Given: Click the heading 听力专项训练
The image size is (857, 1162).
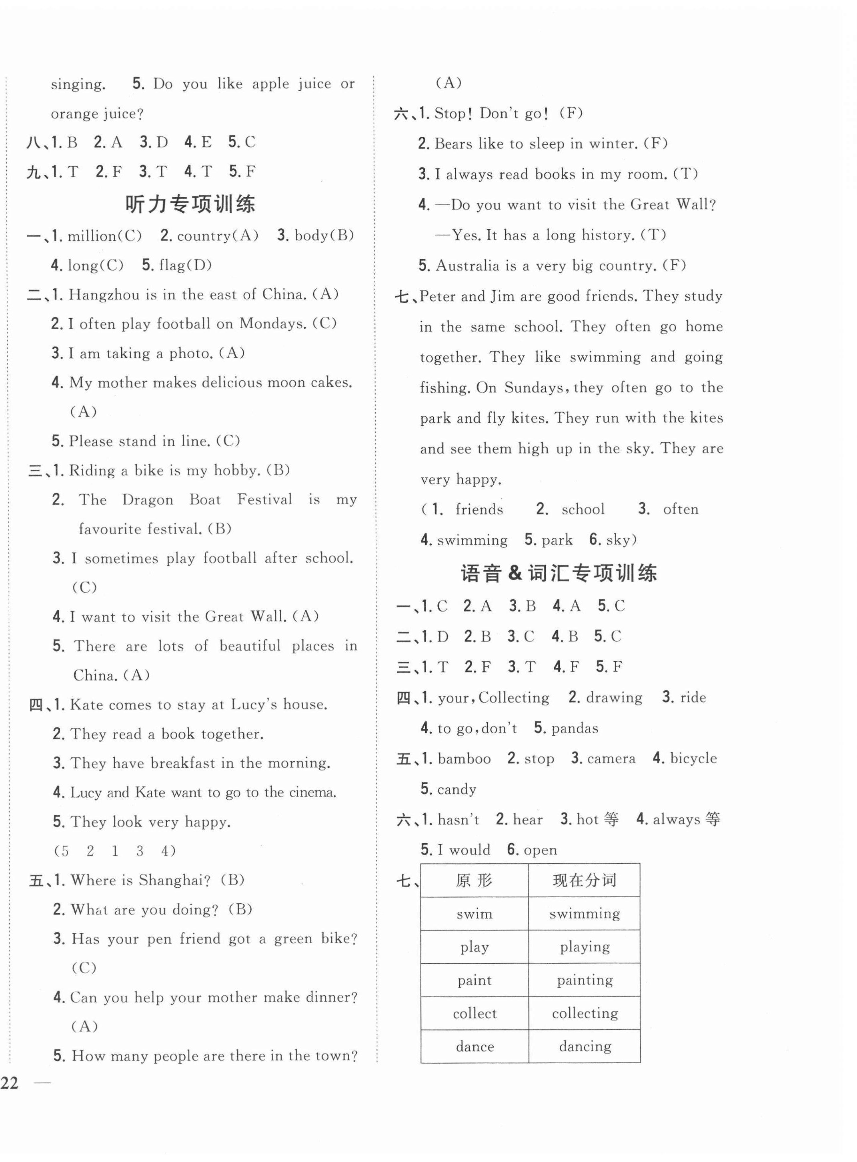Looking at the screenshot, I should [190, 204].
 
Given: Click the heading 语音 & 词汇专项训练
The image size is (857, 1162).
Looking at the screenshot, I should [559, 573].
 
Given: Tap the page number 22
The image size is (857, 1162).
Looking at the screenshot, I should [9, 1083].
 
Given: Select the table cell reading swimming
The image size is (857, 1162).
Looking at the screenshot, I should [584, 914].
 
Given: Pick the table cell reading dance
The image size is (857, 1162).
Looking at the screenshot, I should [475, 1046].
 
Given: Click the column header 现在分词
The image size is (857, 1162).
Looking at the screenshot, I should [584, 880].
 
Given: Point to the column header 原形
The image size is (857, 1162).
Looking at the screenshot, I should [474, 880].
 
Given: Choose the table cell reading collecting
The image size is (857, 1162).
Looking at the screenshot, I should [585, 1013].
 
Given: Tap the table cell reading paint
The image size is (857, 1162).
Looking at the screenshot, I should [474, 980].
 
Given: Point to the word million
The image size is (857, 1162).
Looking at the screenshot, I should [91, 236].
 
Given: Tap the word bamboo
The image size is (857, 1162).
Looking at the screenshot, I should [464, 759].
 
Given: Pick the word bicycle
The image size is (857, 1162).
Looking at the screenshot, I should [693, 758].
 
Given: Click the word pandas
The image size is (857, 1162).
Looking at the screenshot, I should [574, 728].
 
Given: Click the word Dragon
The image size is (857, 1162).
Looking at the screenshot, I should [147, 500].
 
